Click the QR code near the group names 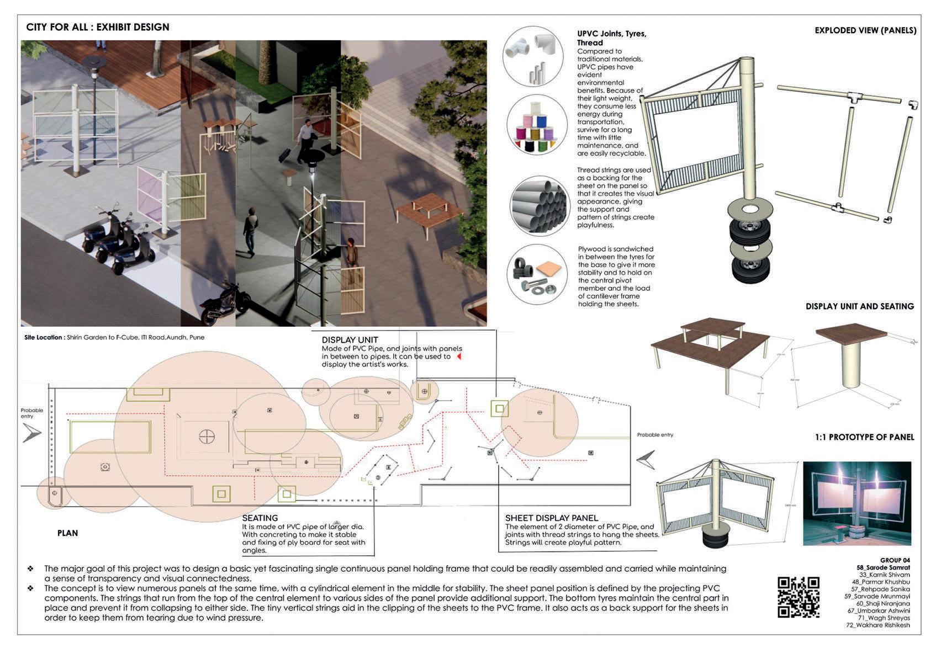point(798,597)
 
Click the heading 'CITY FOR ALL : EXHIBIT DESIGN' point(98,27)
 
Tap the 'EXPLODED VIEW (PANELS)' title point(865,30)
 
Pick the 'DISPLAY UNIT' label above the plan point(350,340)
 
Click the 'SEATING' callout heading point(260,518)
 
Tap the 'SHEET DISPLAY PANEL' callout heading point(551,518)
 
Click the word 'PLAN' point(67,533)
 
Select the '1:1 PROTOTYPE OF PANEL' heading point(864,437)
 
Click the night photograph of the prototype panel point(856,503)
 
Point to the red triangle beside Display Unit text point(458,357)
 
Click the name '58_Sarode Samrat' point(883,567)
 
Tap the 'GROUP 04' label point(895,560)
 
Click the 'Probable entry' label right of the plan point(655,435)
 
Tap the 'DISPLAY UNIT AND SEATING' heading point(859,306)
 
